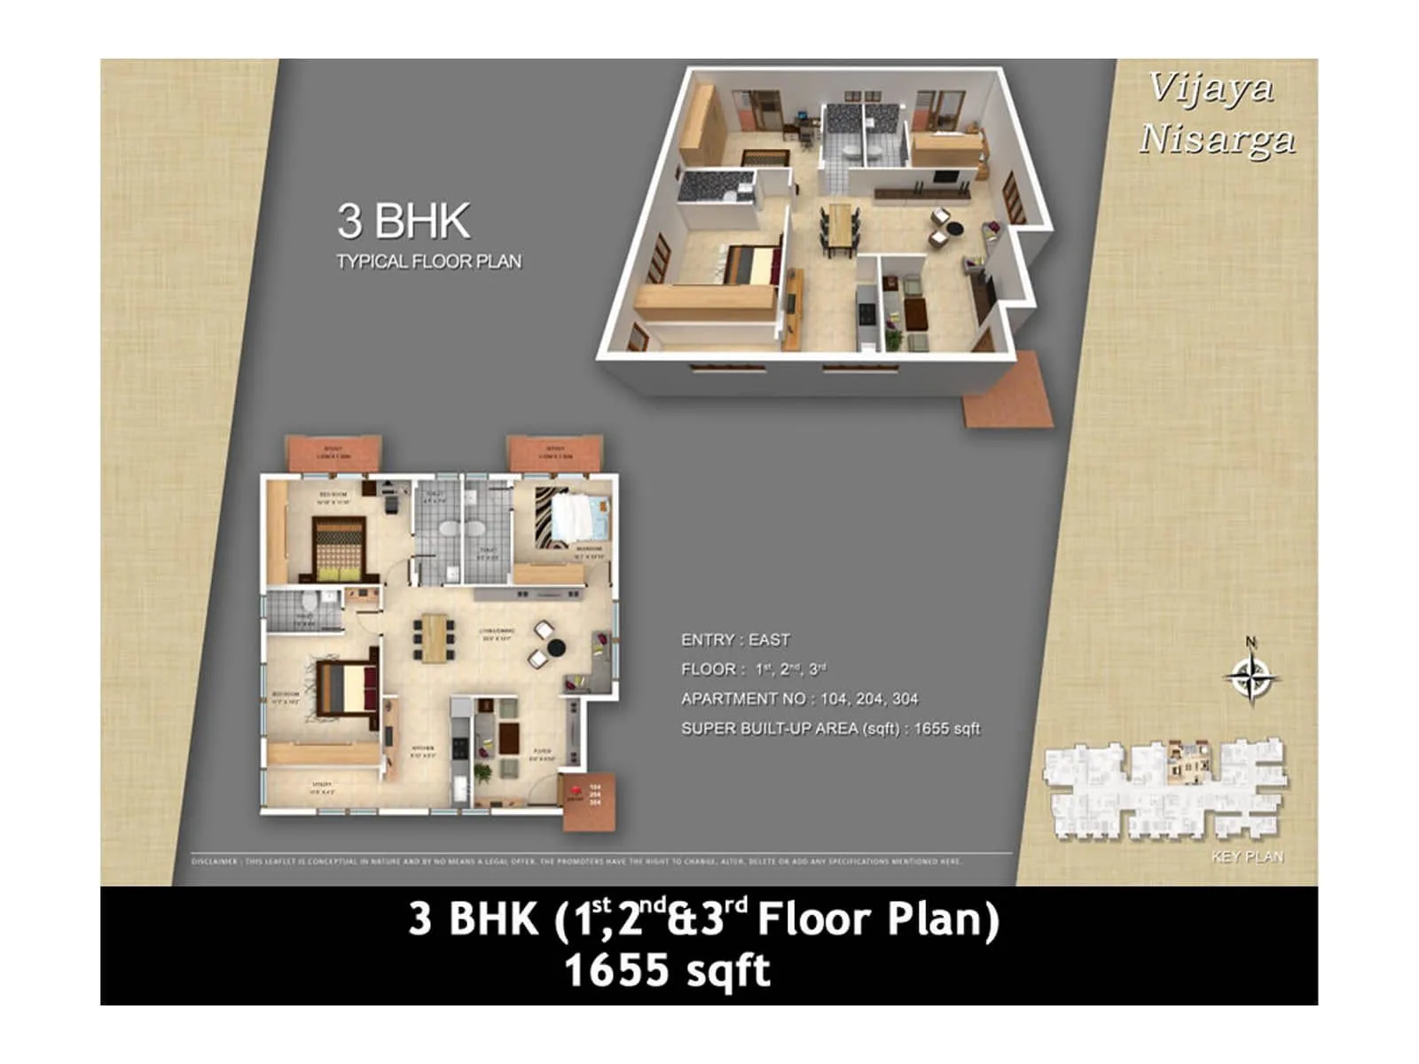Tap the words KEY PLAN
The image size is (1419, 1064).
pos(1247,857)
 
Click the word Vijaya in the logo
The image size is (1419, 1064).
pos(1211,88)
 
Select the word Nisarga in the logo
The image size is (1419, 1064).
pos(1217,139)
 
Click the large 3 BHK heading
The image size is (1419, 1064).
pos(404,221)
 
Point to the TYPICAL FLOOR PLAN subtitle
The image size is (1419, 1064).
pos(428,262)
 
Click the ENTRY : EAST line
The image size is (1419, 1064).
pos(734,640)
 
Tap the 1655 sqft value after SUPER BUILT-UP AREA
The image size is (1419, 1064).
pos(946,729)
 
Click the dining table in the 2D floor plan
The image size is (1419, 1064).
pos(435,638)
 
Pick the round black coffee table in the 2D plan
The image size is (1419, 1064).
pos(556,647)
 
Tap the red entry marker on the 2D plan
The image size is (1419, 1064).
pos(575,790)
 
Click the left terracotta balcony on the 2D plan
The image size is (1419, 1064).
pos(333,453)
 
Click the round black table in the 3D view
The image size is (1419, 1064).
pos(954,230)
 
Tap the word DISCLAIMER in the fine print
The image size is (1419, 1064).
pos(215,861)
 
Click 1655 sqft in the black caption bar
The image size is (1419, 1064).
pos(667,970)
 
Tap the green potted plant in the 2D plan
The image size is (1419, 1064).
pos(484,773)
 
